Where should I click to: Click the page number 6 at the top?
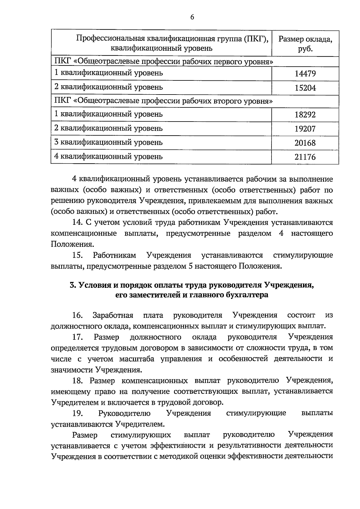pyautogui.click(x=192, y=17)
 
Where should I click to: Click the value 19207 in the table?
pyautogui.click(x=305, y=129)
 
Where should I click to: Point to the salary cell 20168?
pyautogui.click(x=305, y=143)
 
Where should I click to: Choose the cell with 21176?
pyautogui.click(x=305, y=157)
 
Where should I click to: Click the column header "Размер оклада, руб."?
pyautogui.click(x=305, y=44)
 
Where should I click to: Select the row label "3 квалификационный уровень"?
pyautogui.click(x=108, y=142)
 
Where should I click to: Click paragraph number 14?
pyautogui.click(x=78, y=223)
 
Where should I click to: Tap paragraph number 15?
pyautogui.click(x=78, y=255)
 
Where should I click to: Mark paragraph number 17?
pyautogui.click(x=78, y=337)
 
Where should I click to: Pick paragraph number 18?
pyautogui.click(x=78, y=381)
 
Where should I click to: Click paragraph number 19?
pyautogui.click(x=78, y=414)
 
